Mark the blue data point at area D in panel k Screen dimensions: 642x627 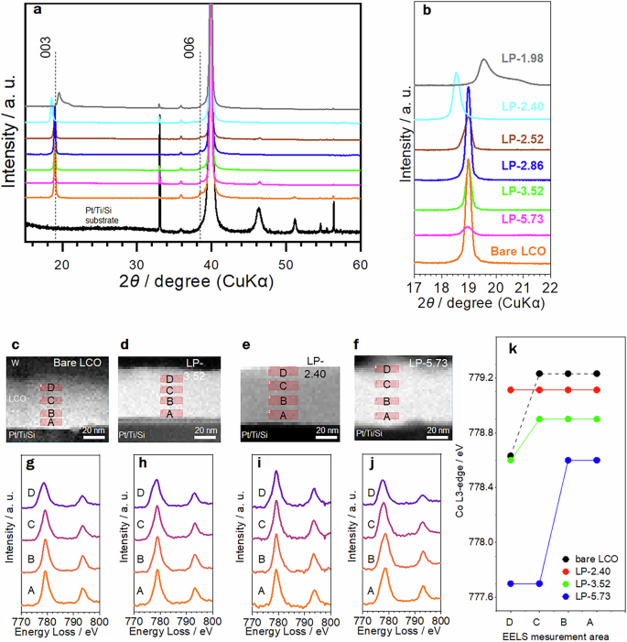coord(509,583)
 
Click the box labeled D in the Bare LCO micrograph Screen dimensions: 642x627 coord(51,386)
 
